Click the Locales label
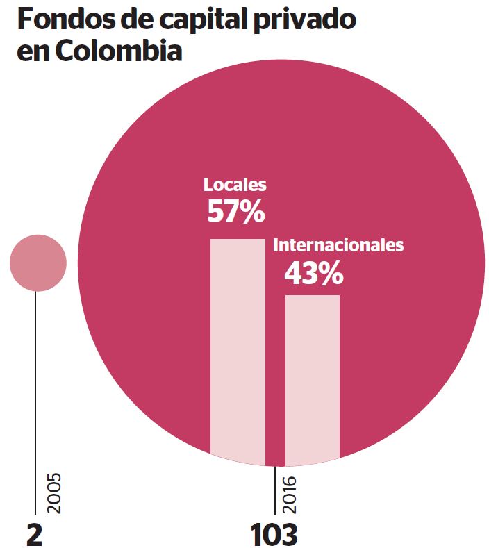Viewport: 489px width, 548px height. coord(235,185)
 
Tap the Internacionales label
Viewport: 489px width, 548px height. coord(338,245)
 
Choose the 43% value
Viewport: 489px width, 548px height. coord(313,274)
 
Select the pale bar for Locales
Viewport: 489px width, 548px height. coord(238,347)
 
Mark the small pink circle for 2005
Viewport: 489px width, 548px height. coord(38,263)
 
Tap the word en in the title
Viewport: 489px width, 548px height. coord(33,52)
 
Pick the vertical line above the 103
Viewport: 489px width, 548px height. coord(275,490)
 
